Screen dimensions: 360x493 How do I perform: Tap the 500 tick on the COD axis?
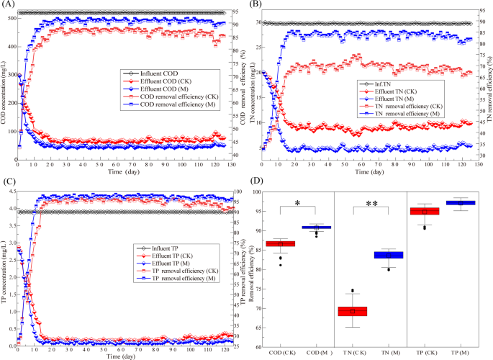click(x=11, y=18)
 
